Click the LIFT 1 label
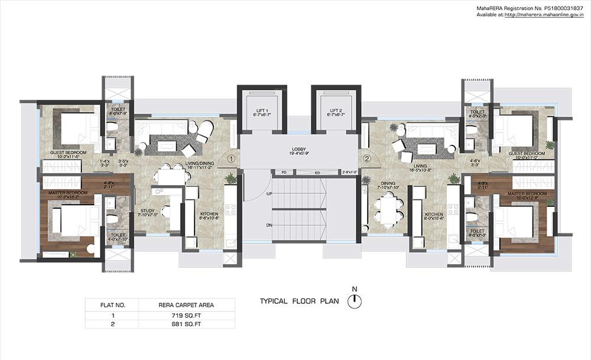(262, 111)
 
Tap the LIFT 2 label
(336, 111)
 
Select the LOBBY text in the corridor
(298, 150)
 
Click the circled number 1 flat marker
(231, 158)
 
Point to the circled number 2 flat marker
(366, 158)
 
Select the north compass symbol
(355, 301)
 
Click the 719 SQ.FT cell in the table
(186, 316)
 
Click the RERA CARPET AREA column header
(186, 305)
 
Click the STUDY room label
(148, 210)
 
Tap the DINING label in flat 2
(388, 184)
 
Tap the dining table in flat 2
(388, 210)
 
